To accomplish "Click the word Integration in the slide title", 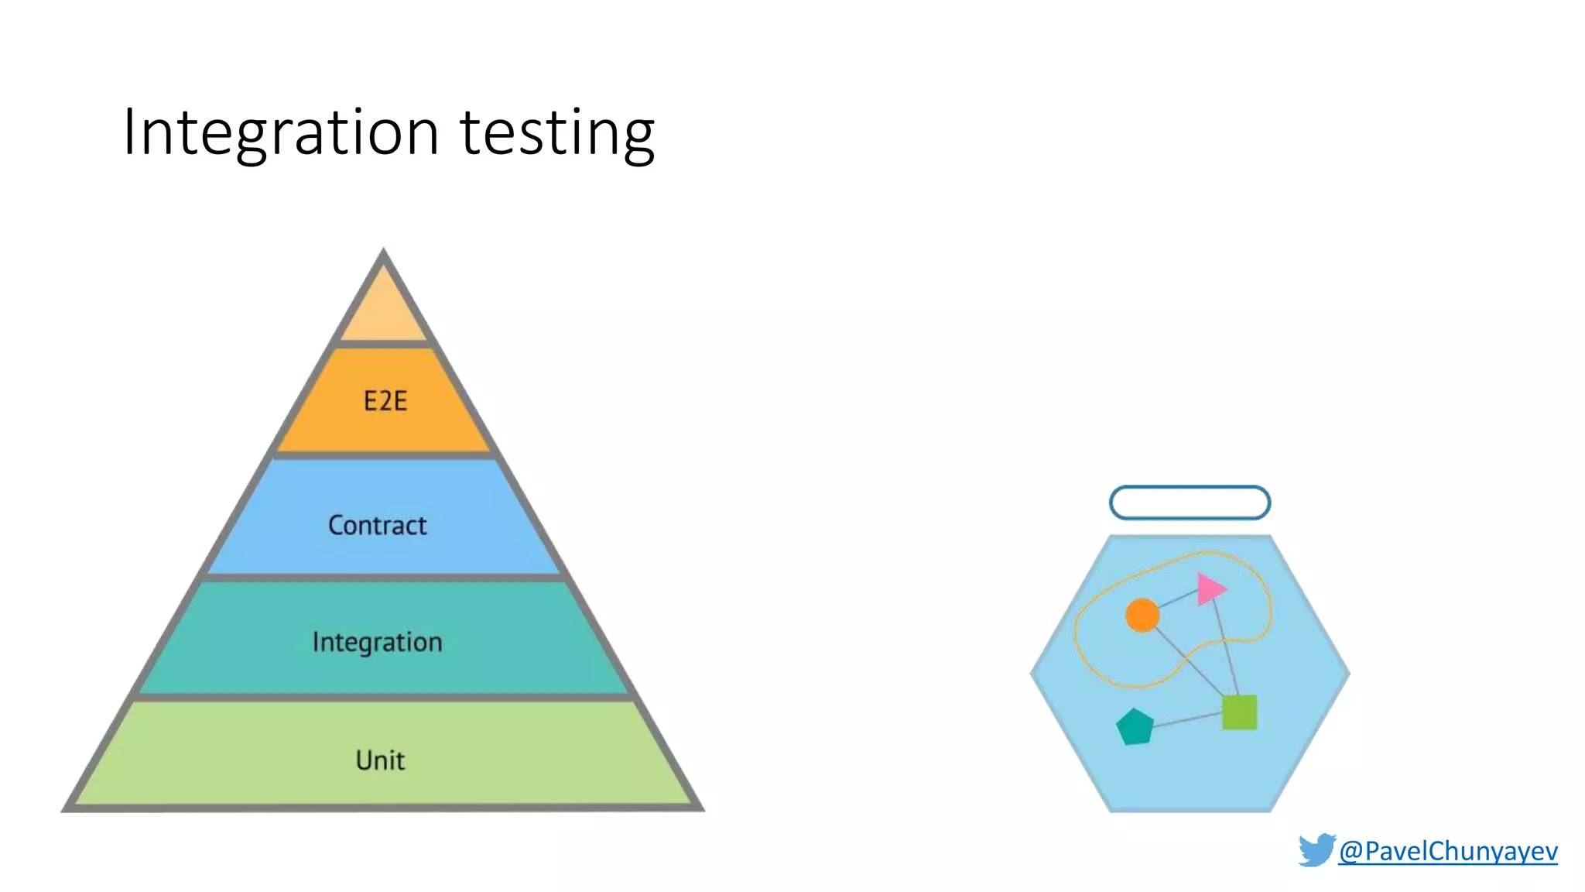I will coord(281,133).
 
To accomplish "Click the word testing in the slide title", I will coord(557,133).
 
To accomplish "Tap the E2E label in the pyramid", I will coord(385,401).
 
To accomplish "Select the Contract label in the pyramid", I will coord(377,526).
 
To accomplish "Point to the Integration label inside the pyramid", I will coord(377,642).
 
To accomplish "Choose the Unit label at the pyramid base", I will coord(380,760).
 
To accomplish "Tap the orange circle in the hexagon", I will coord(1142,616).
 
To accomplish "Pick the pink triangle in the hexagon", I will coord(1209,589).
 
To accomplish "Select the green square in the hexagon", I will coord(1239,712).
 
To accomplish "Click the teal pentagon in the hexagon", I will coord(1135,727).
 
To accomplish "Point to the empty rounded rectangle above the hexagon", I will coord(1190,503).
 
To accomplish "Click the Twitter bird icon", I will coord(1316,849).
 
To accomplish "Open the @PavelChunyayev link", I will coord(1447,851).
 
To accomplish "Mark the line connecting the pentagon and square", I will coord(1188,720).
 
